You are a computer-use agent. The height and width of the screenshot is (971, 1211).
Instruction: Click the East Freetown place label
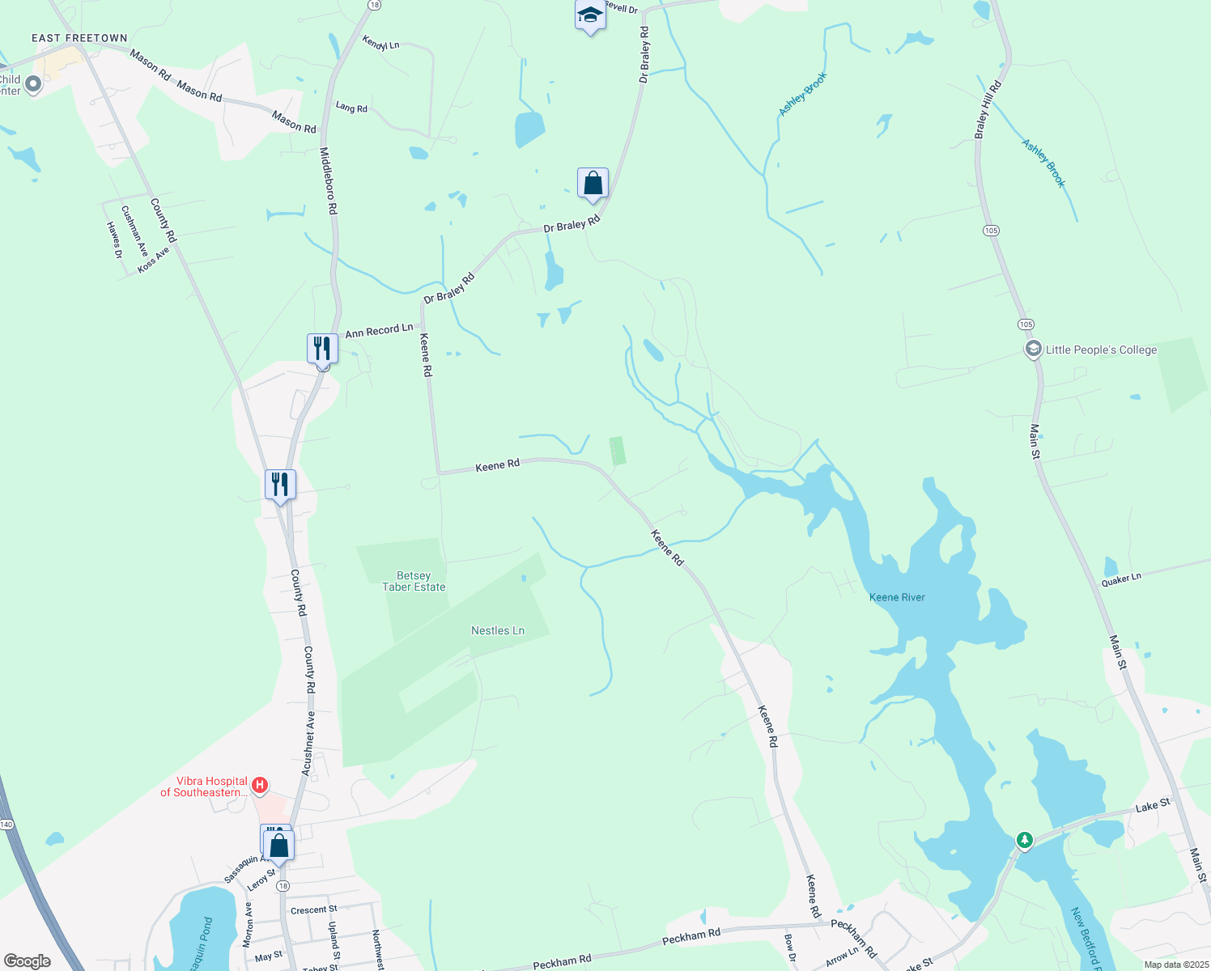(79, 38)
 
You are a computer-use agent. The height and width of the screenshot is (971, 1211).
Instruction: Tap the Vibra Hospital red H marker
(260, 785)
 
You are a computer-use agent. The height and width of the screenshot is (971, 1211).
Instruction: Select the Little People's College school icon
(1033, 350)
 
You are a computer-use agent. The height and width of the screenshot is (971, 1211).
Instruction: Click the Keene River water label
(897, 597)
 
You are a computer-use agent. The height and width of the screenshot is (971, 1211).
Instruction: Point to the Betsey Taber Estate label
(414, 581)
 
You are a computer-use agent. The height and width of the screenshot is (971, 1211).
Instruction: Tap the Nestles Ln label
(498, 630)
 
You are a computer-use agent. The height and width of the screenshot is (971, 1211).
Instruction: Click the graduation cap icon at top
(590, 15)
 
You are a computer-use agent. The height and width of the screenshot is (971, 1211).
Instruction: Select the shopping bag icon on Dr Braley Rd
(593, 183)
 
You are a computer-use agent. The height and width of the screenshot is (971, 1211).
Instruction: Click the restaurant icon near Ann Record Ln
(322, 349)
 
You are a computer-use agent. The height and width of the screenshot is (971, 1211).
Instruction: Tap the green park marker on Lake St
(1025, 840)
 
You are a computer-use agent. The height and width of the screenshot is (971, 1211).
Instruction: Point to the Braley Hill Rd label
(988, 110)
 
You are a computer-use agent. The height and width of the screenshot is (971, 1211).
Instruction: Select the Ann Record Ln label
(379, 330)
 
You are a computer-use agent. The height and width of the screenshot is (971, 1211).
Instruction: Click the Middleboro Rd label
(328, 180)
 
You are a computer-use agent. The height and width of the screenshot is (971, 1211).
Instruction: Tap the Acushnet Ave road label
(308, 744)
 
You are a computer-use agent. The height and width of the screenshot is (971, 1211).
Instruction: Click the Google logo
(28, 961)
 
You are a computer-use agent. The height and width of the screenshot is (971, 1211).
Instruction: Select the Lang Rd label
(351, 107)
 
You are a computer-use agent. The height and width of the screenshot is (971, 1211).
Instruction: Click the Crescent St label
(313, 910)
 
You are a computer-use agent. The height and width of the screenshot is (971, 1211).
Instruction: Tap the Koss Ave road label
(153, 260)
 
